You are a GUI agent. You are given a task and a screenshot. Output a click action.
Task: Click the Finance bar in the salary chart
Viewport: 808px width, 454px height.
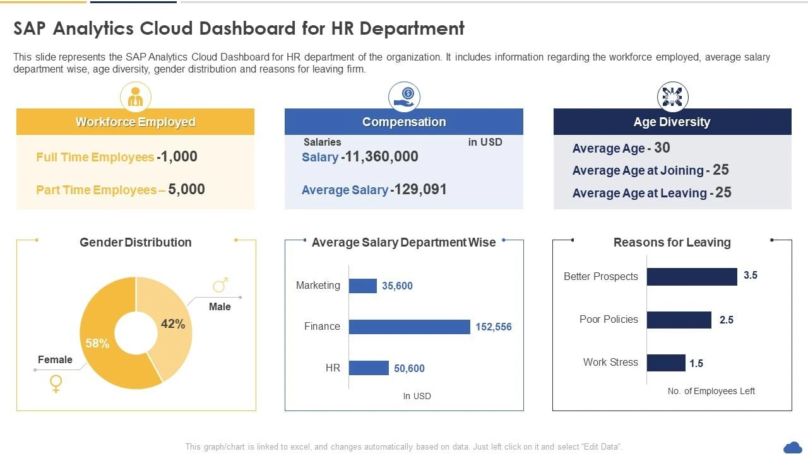409,327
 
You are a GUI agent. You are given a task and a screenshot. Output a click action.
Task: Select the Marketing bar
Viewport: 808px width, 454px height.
362,286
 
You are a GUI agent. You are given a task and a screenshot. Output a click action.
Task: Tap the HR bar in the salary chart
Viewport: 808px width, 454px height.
369,368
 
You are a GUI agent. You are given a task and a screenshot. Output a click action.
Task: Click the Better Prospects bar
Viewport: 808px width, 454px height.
692,277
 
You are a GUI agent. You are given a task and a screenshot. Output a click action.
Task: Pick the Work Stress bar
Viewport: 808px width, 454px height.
666,363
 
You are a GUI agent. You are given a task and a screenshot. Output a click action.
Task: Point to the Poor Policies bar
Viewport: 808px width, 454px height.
679,320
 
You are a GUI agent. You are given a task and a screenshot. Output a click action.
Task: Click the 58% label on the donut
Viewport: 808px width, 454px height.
97,344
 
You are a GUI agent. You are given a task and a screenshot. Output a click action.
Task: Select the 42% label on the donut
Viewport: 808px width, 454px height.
173,324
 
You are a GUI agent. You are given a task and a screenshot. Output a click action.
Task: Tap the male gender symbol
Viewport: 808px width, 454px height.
220,286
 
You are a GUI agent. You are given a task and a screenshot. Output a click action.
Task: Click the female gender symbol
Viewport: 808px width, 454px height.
56,383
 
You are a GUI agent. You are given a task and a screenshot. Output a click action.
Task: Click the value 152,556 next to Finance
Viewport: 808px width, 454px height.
494,327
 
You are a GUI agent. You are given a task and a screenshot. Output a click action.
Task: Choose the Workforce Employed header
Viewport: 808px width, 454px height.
135,122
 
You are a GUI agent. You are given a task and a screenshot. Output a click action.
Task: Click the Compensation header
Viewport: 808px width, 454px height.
404,122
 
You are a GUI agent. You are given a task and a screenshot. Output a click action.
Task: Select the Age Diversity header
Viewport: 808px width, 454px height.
672,122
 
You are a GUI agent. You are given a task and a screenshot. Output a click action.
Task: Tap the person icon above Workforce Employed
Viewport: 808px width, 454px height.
136,97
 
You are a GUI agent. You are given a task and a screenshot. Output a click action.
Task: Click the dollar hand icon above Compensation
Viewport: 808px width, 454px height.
404,97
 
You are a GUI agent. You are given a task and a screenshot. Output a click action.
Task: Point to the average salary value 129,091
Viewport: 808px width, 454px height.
419,190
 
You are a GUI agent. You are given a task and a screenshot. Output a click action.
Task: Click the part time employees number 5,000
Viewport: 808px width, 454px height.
187,190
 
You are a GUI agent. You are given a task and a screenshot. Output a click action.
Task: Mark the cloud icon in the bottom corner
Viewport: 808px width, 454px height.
792,447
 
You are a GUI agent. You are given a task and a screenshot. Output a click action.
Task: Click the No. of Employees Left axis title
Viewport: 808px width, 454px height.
711,391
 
